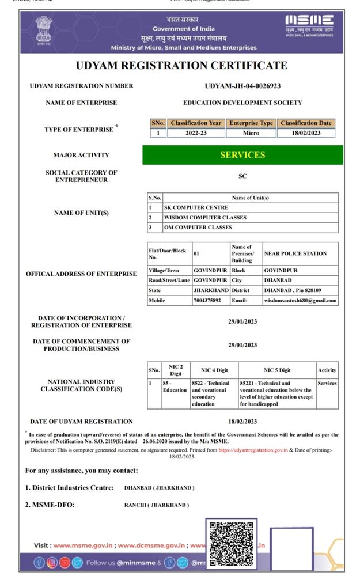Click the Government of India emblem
point(43,30)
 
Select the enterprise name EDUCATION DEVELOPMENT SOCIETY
point(242,103)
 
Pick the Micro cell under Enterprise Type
point(251,133)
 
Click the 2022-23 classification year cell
point(196,133)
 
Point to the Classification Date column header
point(306,123)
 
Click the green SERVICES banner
point(242,155)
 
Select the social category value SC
point(242,176)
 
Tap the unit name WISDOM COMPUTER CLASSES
point(205,218)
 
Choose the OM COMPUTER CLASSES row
point(198,228)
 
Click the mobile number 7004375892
point(208,300)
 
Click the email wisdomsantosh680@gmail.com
point(300,300)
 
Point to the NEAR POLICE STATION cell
point(295,253)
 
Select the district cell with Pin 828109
point(293,290)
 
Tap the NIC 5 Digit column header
point(277,370)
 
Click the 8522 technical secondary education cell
point(211,393)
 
